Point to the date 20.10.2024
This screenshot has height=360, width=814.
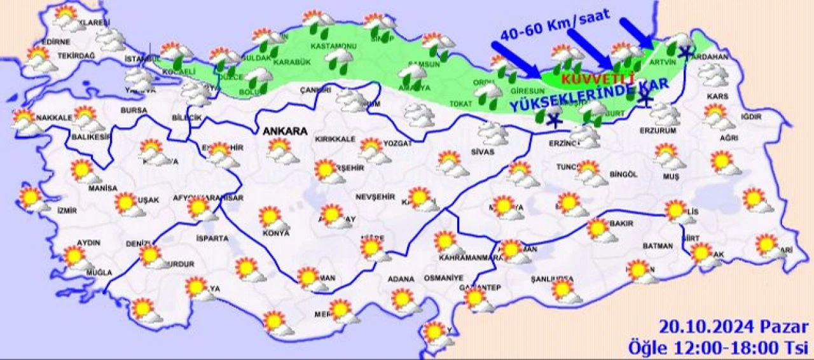(x=707, y=328)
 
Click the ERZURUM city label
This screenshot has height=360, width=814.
(x=658, y=130)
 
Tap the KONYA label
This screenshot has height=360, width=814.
(x=275, y=233)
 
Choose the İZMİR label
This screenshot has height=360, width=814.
(x=66, y=211)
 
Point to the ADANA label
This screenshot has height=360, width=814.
(x=401, y=279)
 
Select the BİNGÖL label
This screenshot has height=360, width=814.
(x=623, y=174)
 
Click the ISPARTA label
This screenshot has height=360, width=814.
(x=212, y=239)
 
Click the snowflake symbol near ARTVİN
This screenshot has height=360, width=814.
(x=685, y=53)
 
